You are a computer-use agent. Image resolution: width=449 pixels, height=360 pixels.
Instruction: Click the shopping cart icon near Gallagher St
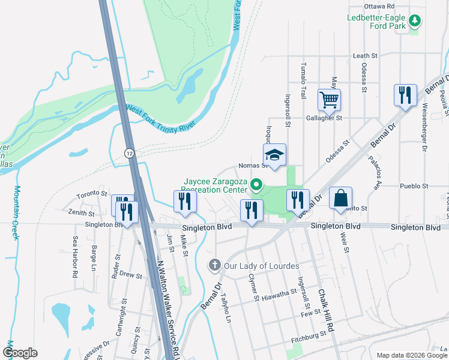(x=329, y=100)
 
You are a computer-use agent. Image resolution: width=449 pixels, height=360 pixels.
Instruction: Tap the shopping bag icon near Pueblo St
(x=340, y=198)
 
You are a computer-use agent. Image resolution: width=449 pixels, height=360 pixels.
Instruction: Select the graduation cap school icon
(x=275, y=155)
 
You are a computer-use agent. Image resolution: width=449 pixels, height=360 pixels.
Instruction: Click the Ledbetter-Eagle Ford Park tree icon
(x=414, y=22)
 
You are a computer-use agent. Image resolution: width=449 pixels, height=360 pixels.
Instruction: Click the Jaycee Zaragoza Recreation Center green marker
(x=257, y=184)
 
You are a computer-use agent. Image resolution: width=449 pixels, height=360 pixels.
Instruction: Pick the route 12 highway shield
(x=129, y=153)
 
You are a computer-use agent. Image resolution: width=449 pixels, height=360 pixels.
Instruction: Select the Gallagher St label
(x=324, y=118)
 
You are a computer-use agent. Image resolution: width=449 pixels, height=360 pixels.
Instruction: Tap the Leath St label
(x=365, y=56)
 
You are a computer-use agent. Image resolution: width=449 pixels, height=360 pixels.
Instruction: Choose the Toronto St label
(x=92, y=195)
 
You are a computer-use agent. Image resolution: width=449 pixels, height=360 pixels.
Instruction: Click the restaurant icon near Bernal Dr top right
(x=405, y=95)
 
